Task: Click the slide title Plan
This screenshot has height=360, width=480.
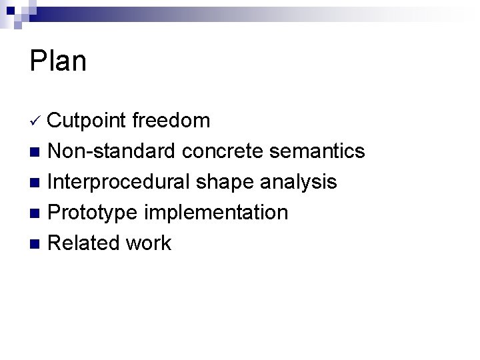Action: (x=58, y=61)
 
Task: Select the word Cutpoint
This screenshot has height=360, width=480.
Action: (x=87, y=121)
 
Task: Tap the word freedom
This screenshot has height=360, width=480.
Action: (x=171, y=121)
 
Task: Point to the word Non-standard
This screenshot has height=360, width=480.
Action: (x=112, y=151)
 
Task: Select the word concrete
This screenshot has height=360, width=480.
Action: (x=223, y=151)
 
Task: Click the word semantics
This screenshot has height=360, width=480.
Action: (x=317, y=151)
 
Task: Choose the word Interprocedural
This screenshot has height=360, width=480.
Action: (x=119, y=182)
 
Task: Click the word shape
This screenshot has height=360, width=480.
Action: (x=221, y=182)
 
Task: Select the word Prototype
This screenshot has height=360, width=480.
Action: (x=93, y=213)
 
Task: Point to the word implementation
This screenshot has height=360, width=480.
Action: (x=215, y=213)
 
